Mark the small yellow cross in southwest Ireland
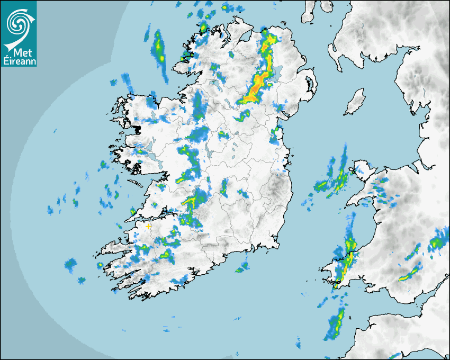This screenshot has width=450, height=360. pos(148,226)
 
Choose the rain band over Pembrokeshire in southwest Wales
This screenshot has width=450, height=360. pos(347,259)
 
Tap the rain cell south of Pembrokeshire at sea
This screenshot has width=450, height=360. pos(335,323)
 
